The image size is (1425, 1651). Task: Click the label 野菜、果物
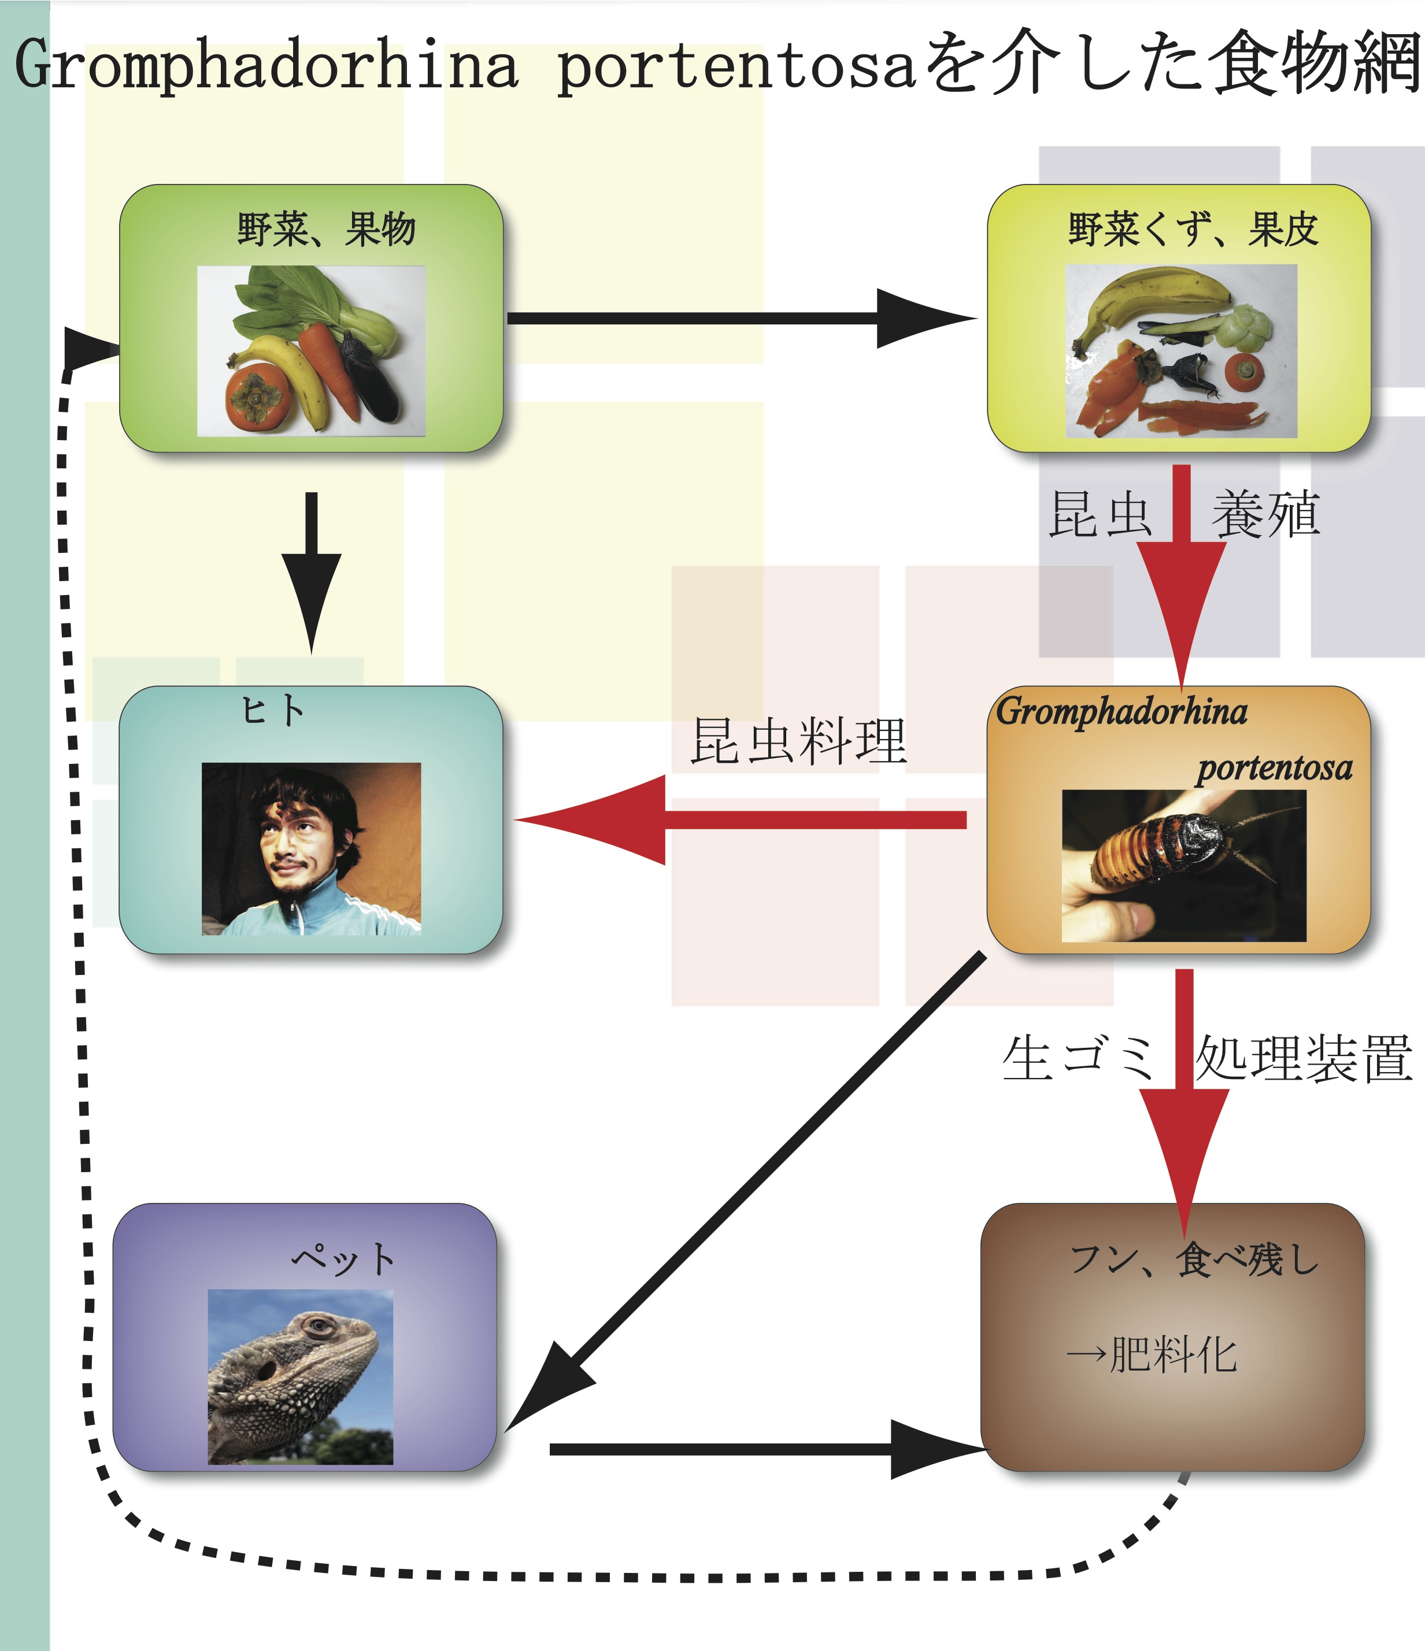(x=326, y=230)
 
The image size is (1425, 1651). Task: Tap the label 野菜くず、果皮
(x=1193, y=230)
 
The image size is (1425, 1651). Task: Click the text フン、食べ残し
(x=1194, y=1261)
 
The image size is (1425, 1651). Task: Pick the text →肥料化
(x=1152, y=1355)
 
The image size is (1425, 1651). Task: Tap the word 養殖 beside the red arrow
(x=1265, y=515)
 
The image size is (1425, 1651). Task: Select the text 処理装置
(x=1303, y=1059)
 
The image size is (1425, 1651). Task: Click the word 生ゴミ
(x=1078, y=1059)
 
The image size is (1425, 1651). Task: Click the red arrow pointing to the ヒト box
(x=741, y=820)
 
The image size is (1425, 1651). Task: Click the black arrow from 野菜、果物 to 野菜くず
(x=741, y=319)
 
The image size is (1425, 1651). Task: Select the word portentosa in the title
(x=737, y=67)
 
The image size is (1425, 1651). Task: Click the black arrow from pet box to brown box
(x=765, y=1449)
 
